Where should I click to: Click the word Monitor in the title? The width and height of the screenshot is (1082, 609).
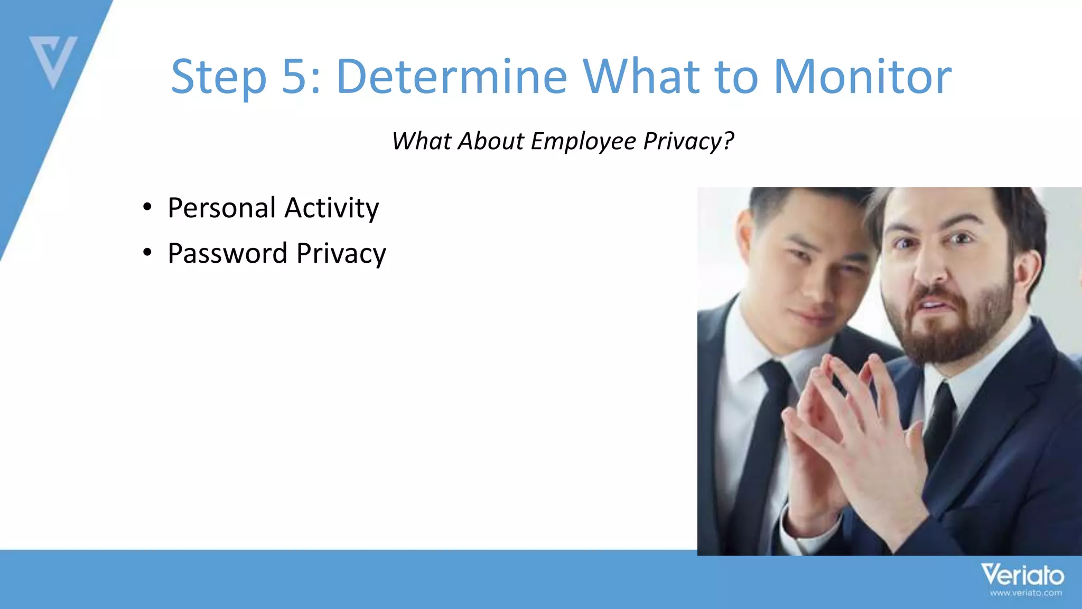coord(862,77)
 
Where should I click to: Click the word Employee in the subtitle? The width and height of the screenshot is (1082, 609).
coord(583,142)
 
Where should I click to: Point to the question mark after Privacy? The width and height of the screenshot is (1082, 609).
coord(729,141)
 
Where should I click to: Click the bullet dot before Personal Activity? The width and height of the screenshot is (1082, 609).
coord(147,207)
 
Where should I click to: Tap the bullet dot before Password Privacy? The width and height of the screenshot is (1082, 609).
coord(147,252)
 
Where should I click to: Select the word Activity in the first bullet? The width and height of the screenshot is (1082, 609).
coord(331,208)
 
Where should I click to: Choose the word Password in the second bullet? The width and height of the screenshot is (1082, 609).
coord(227,253)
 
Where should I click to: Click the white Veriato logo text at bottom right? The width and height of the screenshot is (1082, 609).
coord(1022,575)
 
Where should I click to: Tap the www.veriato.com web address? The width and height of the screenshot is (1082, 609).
coord(1025,593)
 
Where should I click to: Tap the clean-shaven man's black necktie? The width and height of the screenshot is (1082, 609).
coord(761,449)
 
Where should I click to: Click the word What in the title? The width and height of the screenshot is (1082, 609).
coord(641,77)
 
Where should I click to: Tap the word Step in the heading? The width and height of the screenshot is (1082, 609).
coord(218,77)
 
